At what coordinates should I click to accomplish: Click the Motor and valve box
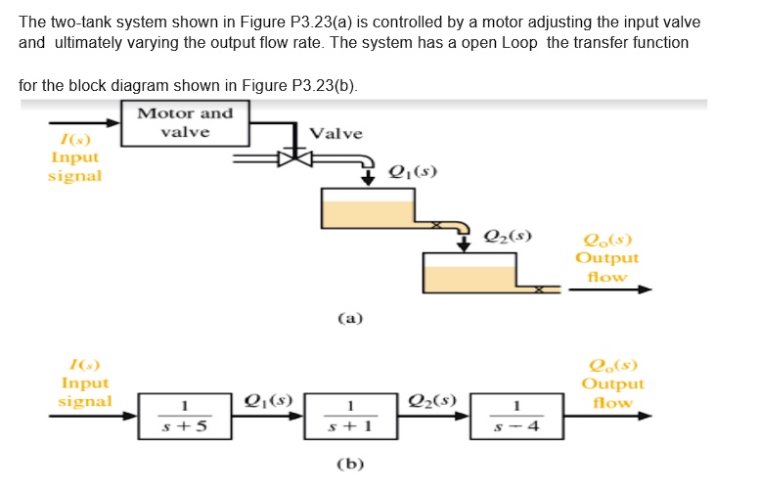click(185, 123)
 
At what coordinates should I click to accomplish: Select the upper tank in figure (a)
click(369, 207)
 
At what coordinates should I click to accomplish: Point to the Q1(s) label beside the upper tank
click(412, 172)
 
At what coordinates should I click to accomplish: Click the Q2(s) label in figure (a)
click(509, 236)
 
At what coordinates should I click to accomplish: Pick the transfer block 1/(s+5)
click(182, 416)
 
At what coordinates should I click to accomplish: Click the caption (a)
click(350, 318)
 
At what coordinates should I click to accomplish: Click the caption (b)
click(350, 464)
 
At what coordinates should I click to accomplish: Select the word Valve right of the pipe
click(335, 133)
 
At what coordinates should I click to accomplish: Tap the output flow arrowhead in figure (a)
click(645, 289)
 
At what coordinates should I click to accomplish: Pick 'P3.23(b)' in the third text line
click(325, 86)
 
